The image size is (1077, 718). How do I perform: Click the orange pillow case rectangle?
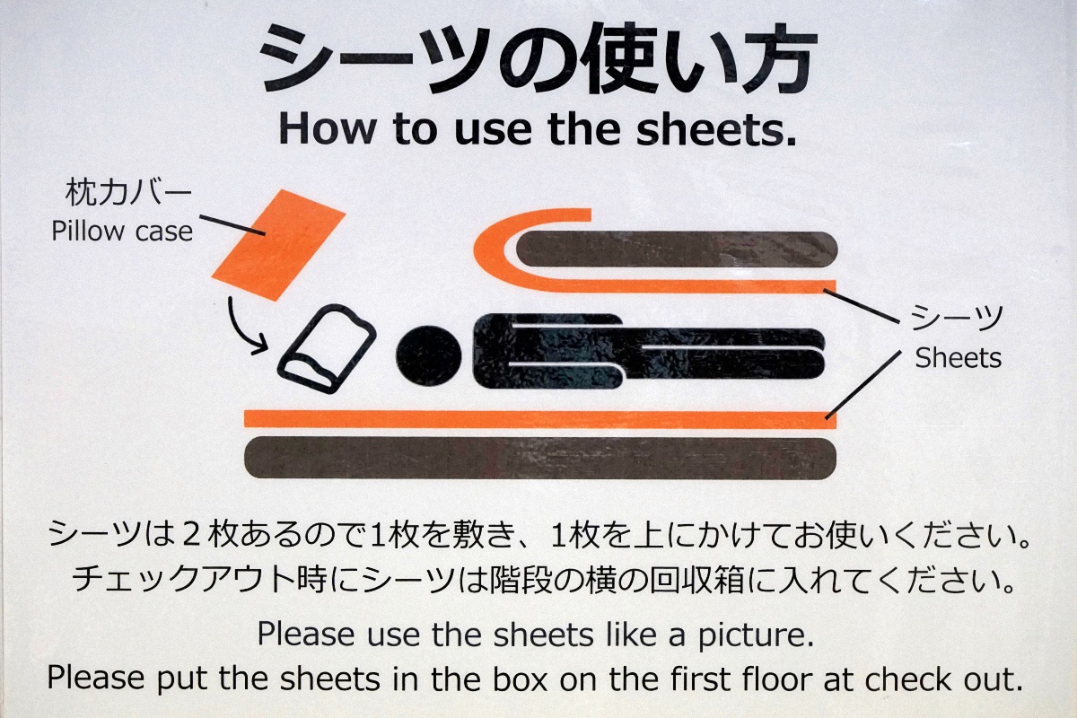coord(278,245)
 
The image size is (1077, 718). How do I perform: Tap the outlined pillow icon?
coord(327,349)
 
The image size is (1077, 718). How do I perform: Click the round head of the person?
coord(428,355)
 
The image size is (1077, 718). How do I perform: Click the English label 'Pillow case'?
coord(122,232)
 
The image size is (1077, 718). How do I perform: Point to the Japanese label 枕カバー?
coord(128,193)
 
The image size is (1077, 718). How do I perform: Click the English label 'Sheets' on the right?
coord(958,358)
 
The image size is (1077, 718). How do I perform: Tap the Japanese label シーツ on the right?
coord(957,318)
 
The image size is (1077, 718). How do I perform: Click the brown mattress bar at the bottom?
coord(540,458)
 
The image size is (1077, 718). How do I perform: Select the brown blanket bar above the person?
coord(677,250)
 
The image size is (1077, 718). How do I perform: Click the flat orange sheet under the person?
coord(540,419)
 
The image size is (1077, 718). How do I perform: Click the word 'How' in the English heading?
coord(327,129)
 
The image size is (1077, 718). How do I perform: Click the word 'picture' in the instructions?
coord(755,635)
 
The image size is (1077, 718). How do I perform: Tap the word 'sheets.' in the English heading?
coord(716,129)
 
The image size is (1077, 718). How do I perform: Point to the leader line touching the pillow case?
coord(232,225)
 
